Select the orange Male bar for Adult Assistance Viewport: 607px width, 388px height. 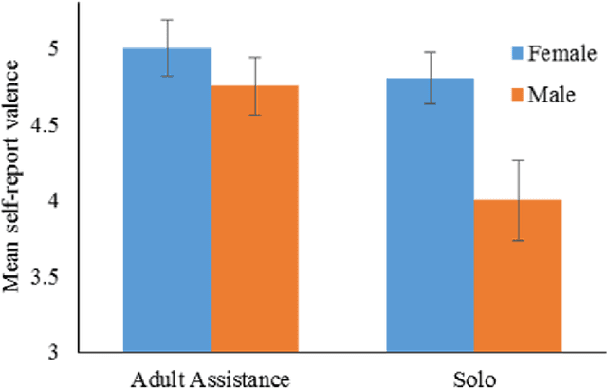tap(253, 223)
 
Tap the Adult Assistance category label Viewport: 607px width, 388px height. tap(209, 379)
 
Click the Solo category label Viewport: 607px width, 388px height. tap(474, 379)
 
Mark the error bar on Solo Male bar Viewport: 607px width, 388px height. tap(516, 200)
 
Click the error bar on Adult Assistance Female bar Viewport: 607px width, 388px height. tap(168, 47)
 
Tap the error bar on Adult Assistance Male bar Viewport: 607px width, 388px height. tap(253, 85)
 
